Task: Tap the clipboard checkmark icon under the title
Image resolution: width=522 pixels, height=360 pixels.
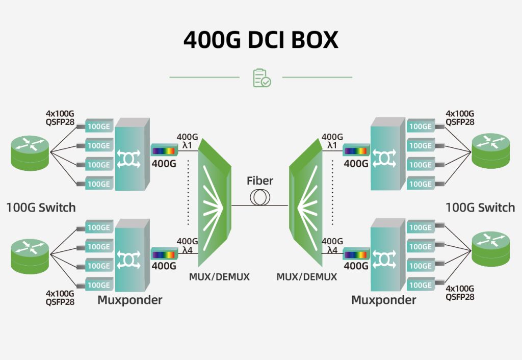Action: (262, 78)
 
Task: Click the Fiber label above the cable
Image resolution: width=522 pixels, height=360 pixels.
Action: (260, 181)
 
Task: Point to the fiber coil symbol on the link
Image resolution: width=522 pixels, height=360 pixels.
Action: (260, 197)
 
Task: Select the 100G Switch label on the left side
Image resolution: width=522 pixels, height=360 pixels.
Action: (41, 208)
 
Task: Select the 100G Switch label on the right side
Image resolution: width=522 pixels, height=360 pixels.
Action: (480, 208)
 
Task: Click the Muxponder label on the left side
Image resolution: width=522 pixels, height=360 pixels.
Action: (129, 300)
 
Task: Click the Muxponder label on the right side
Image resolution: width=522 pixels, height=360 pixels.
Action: (383, 300)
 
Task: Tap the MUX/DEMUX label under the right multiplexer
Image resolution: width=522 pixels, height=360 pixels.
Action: (306, 277)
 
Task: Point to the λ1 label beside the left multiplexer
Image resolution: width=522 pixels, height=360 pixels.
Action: (187, 145)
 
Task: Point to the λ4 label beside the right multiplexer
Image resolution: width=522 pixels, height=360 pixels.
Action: (332, 250)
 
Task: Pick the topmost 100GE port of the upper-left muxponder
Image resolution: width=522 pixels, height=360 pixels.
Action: (98, 126)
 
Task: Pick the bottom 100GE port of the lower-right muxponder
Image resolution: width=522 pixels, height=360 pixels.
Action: (420, 285)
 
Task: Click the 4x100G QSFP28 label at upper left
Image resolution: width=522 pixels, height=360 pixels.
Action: (60, 118)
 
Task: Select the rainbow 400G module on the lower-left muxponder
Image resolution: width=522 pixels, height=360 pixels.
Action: (164, 254)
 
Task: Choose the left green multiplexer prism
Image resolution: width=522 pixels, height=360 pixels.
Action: (214, 204)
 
